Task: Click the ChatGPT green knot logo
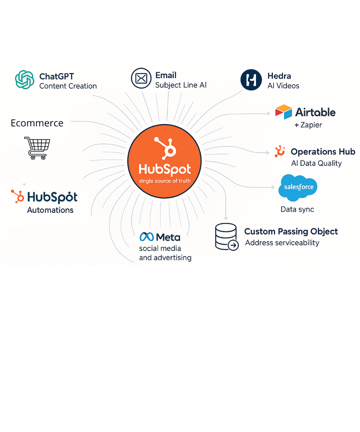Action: (x=24, y=80)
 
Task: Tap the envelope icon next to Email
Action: (x=141, y=78)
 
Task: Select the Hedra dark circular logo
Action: (x=251, y=80)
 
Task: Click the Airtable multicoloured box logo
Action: (x=283, y=112)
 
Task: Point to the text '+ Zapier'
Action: (x=308, y=125)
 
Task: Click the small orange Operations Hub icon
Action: (x=279, y=151)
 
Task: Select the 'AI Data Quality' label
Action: (x=316, y=163)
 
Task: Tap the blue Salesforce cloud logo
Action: (x=298, y=188)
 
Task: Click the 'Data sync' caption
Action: (x=297, y=210)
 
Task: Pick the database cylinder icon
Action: (x=226, y=237)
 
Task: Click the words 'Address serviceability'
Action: (x=282, y=243)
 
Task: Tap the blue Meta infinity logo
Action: (x=147, y=237)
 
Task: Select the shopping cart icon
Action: (x=37, y=148)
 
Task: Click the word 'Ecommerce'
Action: (x=37, y=123)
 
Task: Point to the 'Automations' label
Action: (x=50, y=210)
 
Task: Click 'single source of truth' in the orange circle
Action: (x=165, y=181)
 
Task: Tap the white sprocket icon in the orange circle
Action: (x=165, y=148)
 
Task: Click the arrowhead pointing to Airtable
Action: (x=268, y=113)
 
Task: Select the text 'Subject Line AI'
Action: (x=181, y=85)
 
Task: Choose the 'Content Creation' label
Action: (x=68, y=86)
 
